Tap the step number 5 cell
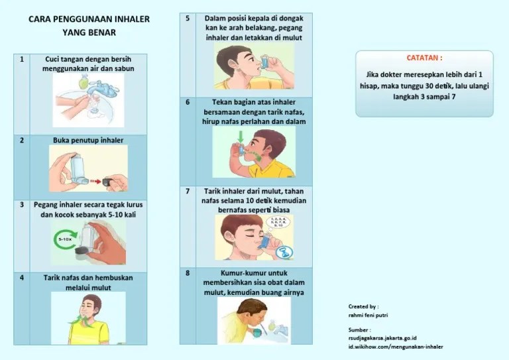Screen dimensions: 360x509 [x=188, y=19]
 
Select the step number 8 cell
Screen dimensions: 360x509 [x=188, y=272]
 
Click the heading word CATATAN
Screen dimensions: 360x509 [x=424, y=58]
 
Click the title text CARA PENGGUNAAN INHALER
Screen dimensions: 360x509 [x=89, y=19]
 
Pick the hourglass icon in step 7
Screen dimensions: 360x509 [x=284, y=251]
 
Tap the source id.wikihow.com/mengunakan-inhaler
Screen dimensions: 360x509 [x=396, y=347]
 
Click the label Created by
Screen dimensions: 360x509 [x=363, y=306]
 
